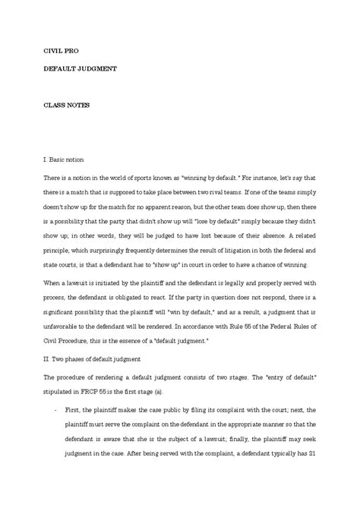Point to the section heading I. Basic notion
(69, 160)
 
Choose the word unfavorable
(62, 327)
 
